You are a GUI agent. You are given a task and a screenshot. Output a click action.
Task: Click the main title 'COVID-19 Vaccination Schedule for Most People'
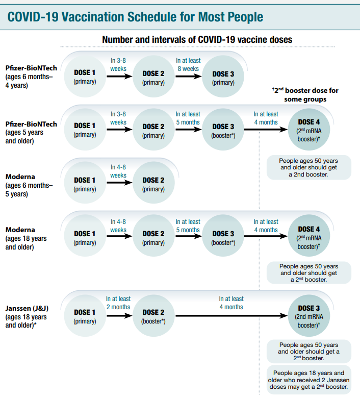(x=136, y=16)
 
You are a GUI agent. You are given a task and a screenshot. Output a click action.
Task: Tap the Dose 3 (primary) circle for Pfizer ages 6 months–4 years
(x=223, y=78)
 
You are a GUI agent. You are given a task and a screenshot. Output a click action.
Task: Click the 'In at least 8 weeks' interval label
(x=188, y=64)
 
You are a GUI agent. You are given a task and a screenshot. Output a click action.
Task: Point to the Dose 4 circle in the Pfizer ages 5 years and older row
(x=308, y=130)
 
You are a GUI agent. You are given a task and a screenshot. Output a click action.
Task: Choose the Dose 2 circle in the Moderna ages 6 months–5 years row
(x=153, y=184)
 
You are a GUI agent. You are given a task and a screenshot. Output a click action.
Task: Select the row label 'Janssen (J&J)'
(x=27, y=308)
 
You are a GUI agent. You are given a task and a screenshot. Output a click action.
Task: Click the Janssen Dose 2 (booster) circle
(x=153, y=316)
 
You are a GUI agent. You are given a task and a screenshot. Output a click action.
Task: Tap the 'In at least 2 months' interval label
(x=118, y=303)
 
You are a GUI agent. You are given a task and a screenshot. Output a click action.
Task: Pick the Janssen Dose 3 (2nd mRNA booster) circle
(x=308, y=316)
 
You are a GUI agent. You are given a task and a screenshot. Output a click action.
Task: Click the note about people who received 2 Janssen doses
(x=308, y=380)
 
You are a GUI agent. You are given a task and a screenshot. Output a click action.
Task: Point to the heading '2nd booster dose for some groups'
(x=305, y=94)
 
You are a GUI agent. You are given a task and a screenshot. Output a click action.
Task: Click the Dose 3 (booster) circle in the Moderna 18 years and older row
(x=223, y=238)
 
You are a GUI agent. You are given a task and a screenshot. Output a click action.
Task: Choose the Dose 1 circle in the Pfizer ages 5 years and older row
(x=84, y=130)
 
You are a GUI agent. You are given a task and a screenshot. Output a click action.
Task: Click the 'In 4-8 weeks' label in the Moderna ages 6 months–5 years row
(x=118, y=171)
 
